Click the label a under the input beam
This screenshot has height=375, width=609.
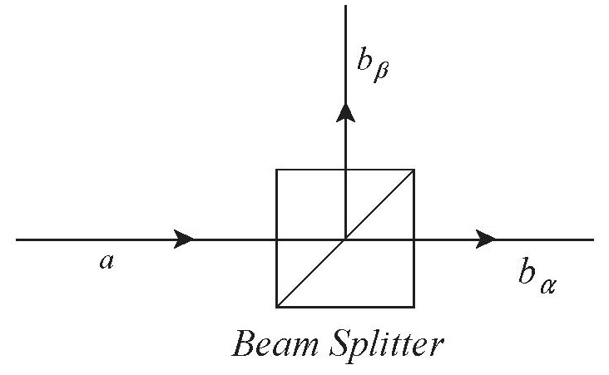[x=105, y=262]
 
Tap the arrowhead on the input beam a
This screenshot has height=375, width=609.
[x=183, y=239]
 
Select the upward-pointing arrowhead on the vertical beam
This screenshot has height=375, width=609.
[x=345, y=113]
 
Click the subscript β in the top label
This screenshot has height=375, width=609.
[x=381, y=76]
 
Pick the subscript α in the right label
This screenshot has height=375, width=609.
[x=547, y=287]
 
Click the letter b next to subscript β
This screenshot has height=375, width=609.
[x=363, y=67]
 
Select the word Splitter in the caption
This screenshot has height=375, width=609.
[x=391, y=343]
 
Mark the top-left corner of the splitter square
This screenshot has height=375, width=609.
[x=276, y=170]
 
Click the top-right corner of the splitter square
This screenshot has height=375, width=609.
[x=414, y=170]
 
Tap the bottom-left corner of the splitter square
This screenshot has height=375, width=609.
[x=276, y=306]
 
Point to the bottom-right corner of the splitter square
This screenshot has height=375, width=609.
[x=414, y=306]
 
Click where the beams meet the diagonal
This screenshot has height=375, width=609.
[x=345, y=239]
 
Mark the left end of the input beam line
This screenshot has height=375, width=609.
[x=17, y=239]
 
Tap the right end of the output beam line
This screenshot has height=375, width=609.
[x=593, y=239]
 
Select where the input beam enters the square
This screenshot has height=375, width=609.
[x=276, y=239]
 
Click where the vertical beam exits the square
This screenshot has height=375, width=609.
[x=345, y=170]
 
